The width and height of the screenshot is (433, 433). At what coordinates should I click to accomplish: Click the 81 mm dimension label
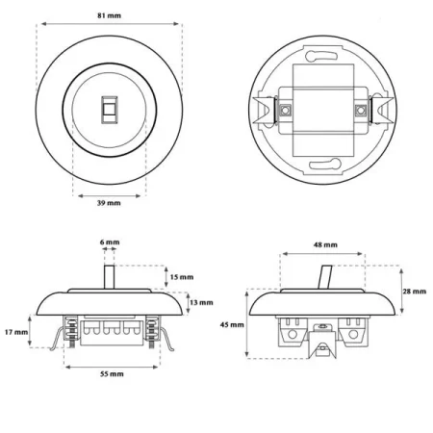click(110, 15)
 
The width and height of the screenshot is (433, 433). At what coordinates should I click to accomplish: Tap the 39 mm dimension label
click(109, 203)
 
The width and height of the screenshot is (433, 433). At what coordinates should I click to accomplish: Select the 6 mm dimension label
click(110, 242)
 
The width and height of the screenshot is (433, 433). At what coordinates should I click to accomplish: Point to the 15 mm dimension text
click(182, 277)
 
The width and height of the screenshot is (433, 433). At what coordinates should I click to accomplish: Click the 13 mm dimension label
click(201, 302)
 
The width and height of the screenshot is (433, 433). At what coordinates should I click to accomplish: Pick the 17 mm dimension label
click(16, 332)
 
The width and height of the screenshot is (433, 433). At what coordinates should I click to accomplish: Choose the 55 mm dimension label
click(112, 374)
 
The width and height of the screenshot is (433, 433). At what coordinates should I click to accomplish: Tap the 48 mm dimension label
click(325, 245)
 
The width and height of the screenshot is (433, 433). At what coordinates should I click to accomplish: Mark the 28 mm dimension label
click(415, 292)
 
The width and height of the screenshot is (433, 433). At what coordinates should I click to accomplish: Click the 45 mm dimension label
click(232, 325)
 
